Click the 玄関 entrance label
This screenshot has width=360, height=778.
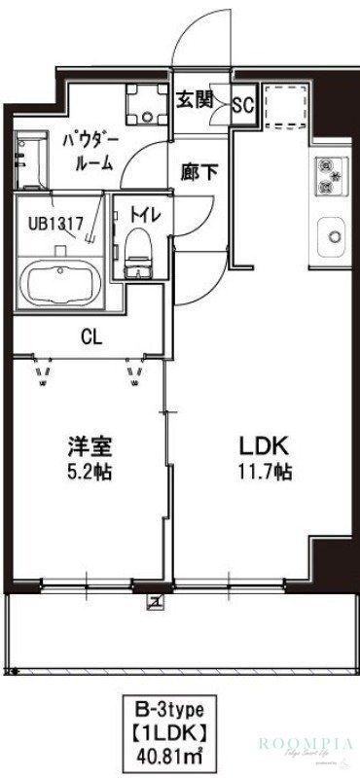(196, 98)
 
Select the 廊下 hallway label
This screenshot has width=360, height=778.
(200, 172)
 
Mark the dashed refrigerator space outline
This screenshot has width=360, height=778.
(286, 106)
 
